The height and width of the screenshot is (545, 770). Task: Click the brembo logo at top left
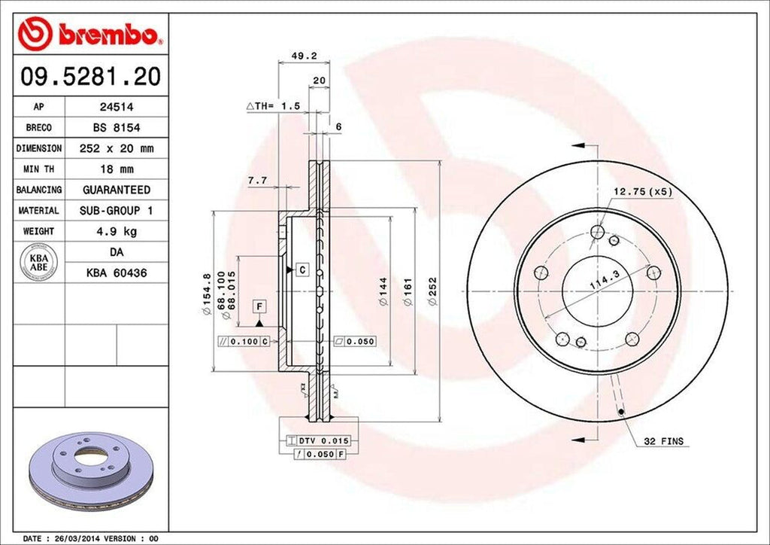click(x=92, y=34)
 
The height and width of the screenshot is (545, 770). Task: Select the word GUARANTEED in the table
click(x=116, y=190)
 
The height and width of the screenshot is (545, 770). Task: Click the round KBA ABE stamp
click(x=39, y=262)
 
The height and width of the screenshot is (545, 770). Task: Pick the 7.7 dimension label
click(x=258, y=180)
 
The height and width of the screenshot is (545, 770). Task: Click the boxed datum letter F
click(x=259, y=306)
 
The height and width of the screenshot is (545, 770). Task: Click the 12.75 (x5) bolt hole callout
click(x=642, y=192)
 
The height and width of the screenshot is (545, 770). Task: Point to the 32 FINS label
click(x=664, y=441)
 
